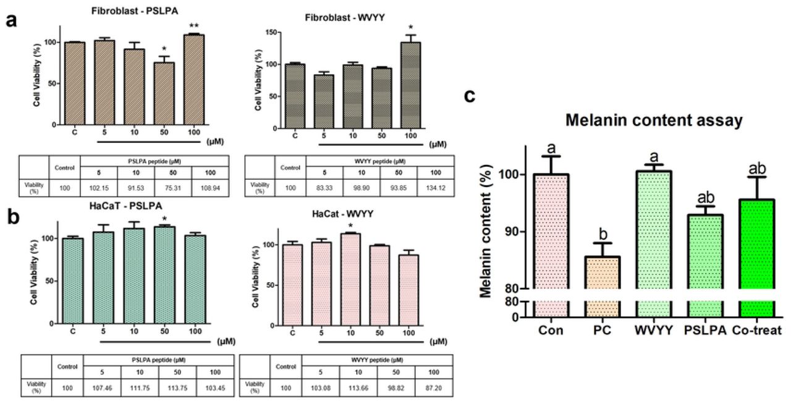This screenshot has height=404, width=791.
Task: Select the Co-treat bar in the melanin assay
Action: (757, 258)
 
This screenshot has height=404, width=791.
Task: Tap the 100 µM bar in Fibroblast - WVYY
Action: (410, 85)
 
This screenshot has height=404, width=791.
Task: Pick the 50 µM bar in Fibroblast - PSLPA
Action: (164, 93)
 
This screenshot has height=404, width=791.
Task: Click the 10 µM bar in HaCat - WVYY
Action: (350, 279)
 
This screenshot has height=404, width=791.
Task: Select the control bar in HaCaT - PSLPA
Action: (73, 280)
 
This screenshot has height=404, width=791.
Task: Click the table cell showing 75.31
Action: (173, 188)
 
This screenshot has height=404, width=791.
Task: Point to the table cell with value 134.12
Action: (436, 188)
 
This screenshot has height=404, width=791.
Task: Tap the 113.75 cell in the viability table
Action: (177, 388)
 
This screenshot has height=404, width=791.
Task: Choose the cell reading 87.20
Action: (433, 388)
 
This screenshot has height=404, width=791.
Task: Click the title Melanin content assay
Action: (654, 120)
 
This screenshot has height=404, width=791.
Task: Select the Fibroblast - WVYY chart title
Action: (345, 17)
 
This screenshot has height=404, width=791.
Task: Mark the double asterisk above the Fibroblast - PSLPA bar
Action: (194, 26)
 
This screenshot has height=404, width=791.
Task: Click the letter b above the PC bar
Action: (603, 234)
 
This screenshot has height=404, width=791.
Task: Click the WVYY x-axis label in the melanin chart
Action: (654, 330)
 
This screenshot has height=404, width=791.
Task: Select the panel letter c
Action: (470, 96)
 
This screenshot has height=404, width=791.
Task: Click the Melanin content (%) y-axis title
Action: (486, 231)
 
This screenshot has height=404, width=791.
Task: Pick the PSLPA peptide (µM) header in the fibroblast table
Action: (154, 161)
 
